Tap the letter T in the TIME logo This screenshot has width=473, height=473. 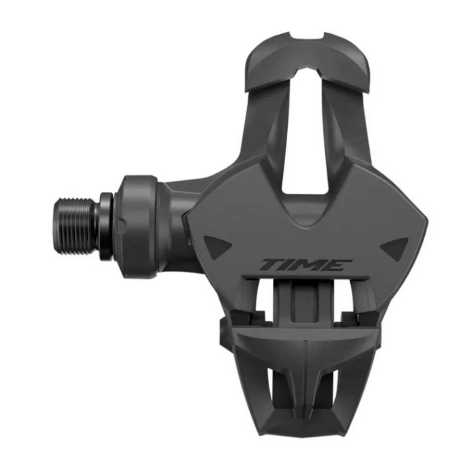[x=271, y=265]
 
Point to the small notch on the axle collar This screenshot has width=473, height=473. [x=122, y=222]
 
